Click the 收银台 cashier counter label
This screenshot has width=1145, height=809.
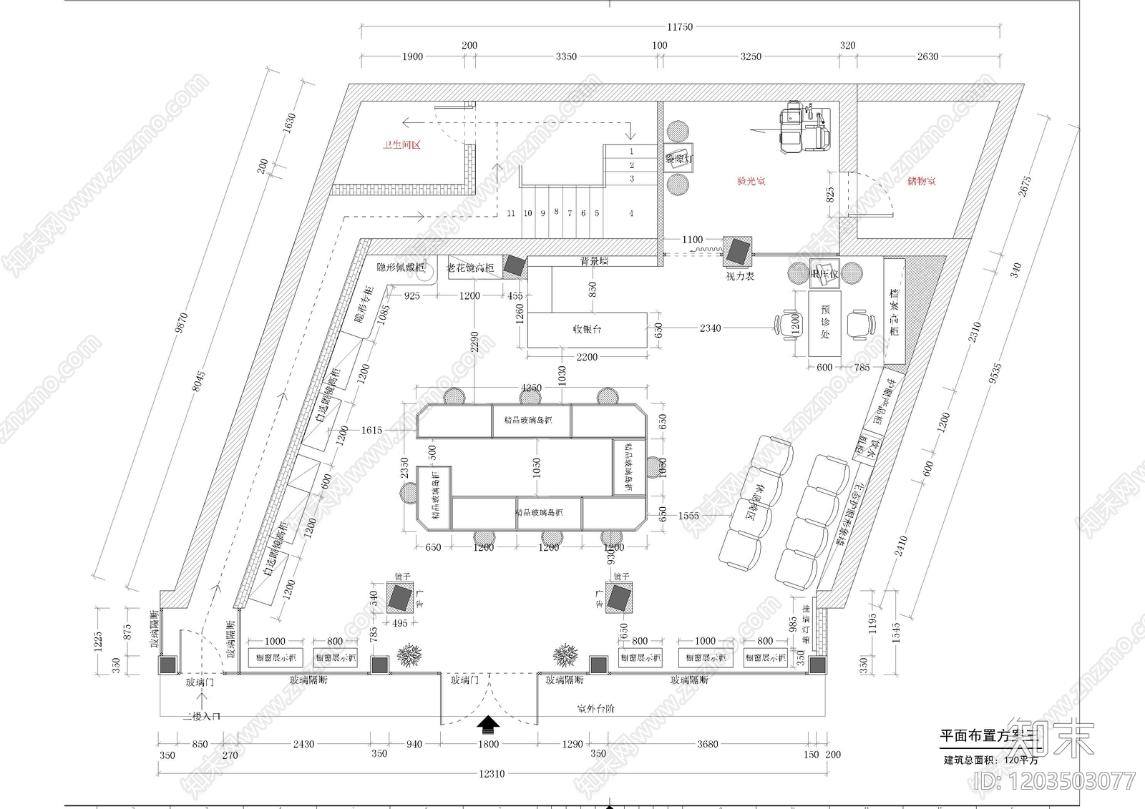[587, 329]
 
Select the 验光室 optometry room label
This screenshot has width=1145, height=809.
[751, 182]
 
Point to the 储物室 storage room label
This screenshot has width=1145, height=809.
[921, 182]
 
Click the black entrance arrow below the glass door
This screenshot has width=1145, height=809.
[488, 724]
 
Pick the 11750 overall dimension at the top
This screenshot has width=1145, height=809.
[679, 27]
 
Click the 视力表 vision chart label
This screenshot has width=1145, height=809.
[740, 276]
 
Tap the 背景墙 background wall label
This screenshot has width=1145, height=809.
[593, 262]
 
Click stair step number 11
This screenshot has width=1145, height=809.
[511, 213]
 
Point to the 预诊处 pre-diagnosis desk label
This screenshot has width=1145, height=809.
[825, 321]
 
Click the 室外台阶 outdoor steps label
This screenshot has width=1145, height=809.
[595, 709]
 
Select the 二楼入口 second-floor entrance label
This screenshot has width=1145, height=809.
[201, 716]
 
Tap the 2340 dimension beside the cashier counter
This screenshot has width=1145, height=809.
[710, 328]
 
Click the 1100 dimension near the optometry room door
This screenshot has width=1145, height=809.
[692, 240]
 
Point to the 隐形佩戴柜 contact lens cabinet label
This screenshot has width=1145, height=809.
[401, 268]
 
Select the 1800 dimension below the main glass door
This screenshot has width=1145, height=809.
[488, 744]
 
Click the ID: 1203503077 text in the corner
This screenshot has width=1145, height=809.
[1055, 780]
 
